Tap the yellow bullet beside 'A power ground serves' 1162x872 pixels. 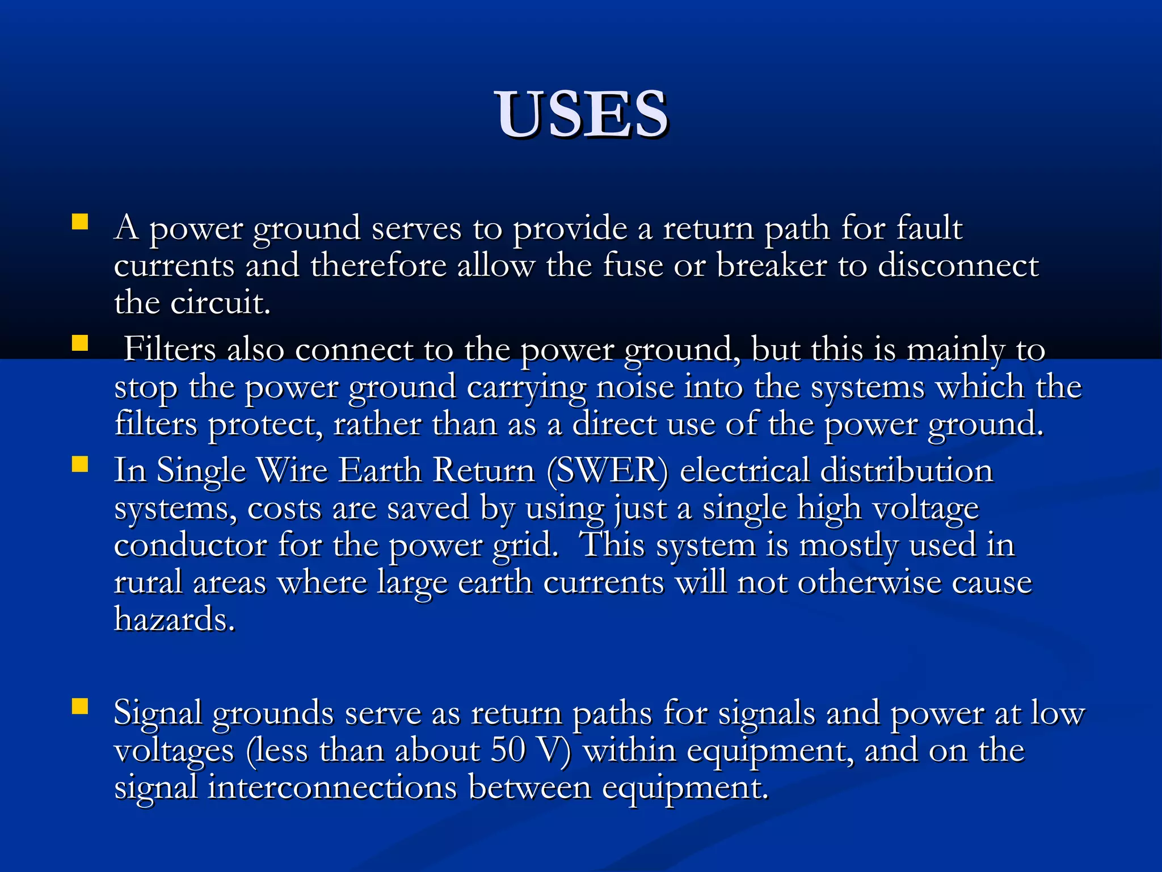(80, 221)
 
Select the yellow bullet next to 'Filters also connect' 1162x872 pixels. (80, 343)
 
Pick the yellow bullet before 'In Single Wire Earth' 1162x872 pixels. (80, 464)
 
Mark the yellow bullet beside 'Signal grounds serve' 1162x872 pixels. (80, 706)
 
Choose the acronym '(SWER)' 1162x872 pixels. (608, 471)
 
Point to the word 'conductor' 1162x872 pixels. (191, 545)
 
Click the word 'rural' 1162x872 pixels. (148, 582)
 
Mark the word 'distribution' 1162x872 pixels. (907, 471)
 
